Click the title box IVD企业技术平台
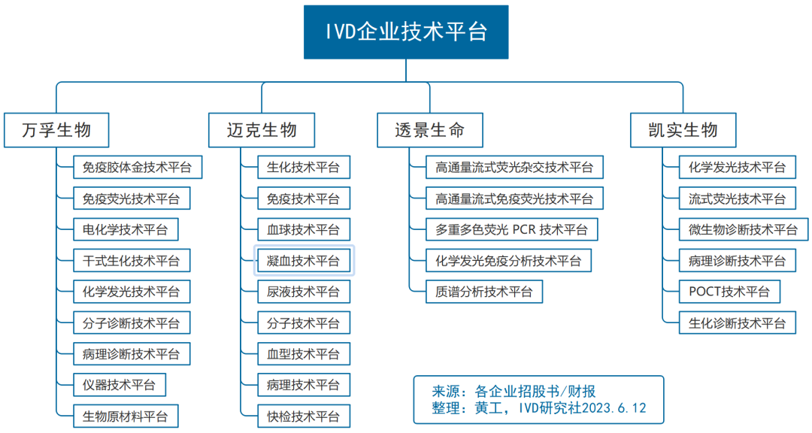coord(406,32)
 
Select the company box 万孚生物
coord(57,130)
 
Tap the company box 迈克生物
coord(262,130)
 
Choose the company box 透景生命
coord(430,130)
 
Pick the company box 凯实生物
coord(683,130)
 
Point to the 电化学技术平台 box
coord(126,229)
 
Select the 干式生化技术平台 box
coord(132,261)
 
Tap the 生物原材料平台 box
coord(126,415)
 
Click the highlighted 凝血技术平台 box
coord(304,261)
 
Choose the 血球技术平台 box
coord(304,229)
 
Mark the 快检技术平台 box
coord(304,415)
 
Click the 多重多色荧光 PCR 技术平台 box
coord(511,229)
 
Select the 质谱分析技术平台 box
coord(484,291)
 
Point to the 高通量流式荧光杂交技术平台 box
coord(514,167)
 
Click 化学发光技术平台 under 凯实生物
coord(737,167)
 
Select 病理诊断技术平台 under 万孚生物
coord(132,353)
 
